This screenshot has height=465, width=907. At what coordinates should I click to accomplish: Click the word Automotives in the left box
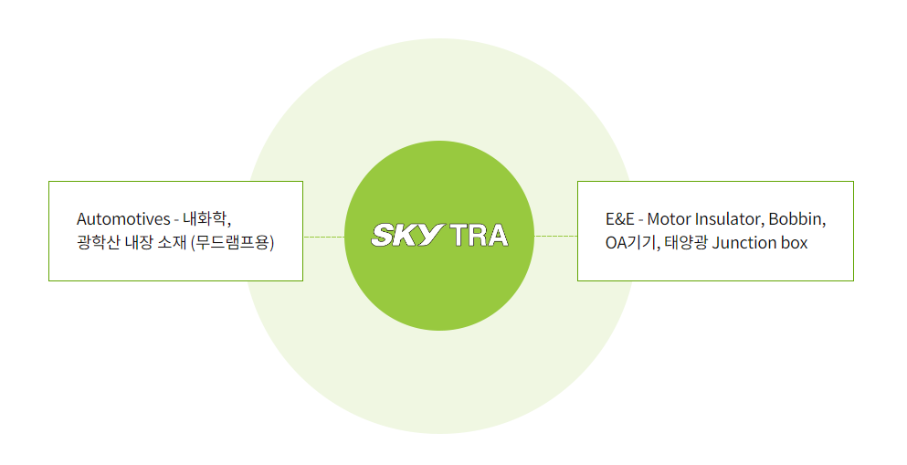point(123,219)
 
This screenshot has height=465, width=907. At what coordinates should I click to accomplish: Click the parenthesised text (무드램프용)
point(233,242)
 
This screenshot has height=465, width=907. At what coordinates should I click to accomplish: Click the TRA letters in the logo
point(479,236)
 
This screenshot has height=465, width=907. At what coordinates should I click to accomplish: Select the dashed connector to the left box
point(324,237)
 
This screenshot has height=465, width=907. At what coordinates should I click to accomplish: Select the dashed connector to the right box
point(556,236)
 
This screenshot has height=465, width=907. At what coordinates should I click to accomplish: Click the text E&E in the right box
point(620,219)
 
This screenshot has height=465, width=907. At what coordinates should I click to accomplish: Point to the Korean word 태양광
point(685,243)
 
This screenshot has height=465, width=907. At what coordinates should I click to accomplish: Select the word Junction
point(744,243)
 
